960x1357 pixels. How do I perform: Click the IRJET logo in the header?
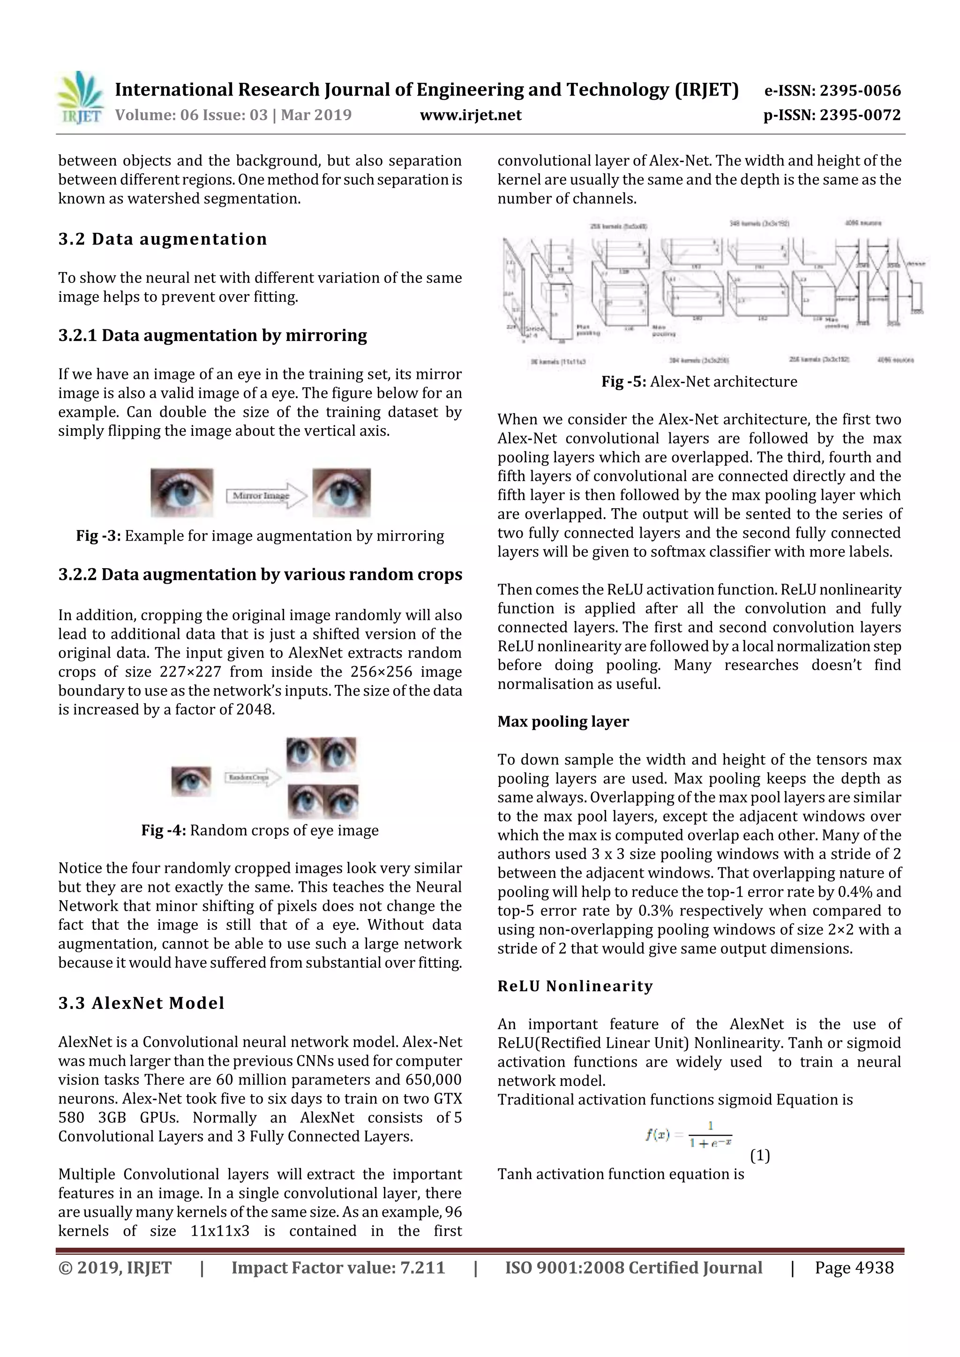pos(80,97)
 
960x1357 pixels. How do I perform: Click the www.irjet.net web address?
pos(470,115)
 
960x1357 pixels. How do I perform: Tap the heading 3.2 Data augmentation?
pos(163,239)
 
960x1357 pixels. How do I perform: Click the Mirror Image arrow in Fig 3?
pos(265,495)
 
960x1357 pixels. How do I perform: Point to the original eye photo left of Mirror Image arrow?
pos(181,492)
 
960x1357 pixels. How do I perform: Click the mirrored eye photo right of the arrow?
pos(341,492)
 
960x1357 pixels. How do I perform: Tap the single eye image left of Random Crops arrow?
pos(191,780)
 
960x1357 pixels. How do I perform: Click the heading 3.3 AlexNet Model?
pos(142,1003)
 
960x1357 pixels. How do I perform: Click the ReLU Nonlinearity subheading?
pos(575,986)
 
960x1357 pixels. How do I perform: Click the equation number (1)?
pos(759,1156)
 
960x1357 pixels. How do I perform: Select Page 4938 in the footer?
pos(854,1268)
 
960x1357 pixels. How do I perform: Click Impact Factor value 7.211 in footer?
pos(338,1268)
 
